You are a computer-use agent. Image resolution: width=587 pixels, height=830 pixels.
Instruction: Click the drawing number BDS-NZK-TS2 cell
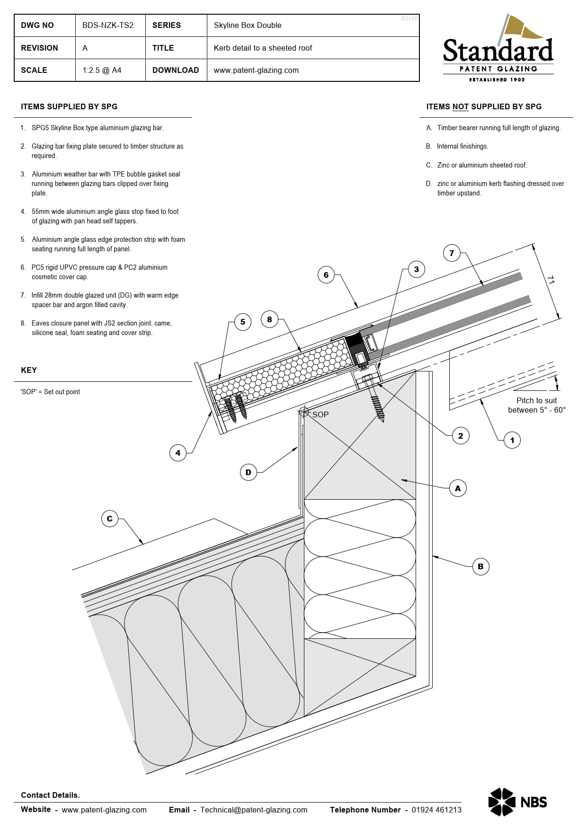pyautogui.click(x=108, y=26)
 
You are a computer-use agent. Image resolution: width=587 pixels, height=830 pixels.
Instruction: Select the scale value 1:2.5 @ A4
pyautogui.click(x=102, y=70)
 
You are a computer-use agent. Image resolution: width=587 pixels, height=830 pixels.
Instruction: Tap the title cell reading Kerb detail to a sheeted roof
pyautogui.click(x=263, y=48)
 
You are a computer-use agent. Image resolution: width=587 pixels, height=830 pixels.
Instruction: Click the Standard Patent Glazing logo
pyautogui.click(x=498, y=50)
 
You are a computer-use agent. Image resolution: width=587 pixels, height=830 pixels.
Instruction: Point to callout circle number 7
pyautogui.click(x=452, y=253)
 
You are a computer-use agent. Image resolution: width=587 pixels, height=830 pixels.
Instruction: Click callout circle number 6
pyautogui.click(x=326, y=275)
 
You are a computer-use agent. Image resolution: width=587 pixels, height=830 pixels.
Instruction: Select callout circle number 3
pyautogui.click(x=416, y=269)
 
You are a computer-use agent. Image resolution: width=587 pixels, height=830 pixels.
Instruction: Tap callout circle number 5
pyautogui.click(x=243, y=322)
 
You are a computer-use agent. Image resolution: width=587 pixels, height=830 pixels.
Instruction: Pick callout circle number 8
pyautogui.click(x=269, y=319)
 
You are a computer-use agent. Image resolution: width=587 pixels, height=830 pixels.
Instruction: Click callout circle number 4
pyautogui.click(x=178, y=453)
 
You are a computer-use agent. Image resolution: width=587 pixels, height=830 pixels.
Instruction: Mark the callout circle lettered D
pyautogui.click(x=249, y=472)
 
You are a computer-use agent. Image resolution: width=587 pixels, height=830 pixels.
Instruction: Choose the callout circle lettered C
pyautogui.click(x=110, y=519)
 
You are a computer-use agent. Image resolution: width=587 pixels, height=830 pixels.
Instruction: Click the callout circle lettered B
pyautogui.click(x=480, y=566)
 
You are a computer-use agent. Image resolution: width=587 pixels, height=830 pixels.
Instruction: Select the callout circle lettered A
pyautogui.click(x=458, y=488)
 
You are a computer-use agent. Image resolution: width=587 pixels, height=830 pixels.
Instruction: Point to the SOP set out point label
pyautogui.click(x=320, y=415)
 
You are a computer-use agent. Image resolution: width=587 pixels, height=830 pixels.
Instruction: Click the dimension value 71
pyautogui.click(x=551, y=280)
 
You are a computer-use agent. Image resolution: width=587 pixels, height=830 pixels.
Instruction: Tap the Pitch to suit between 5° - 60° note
pyautogui.click(x=536, y=406)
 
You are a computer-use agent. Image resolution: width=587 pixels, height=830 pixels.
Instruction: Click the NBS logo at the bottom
pyautogui.click(x=517, y=802)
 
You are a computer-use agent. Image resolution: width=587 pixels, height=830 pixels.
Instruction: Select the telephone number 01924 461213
pyautogui.click(x=436, y=810)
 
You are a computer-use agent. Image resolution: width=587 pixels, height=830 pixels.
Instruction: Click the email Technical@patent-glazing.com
pyautogui.click(x=254, y=810)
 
